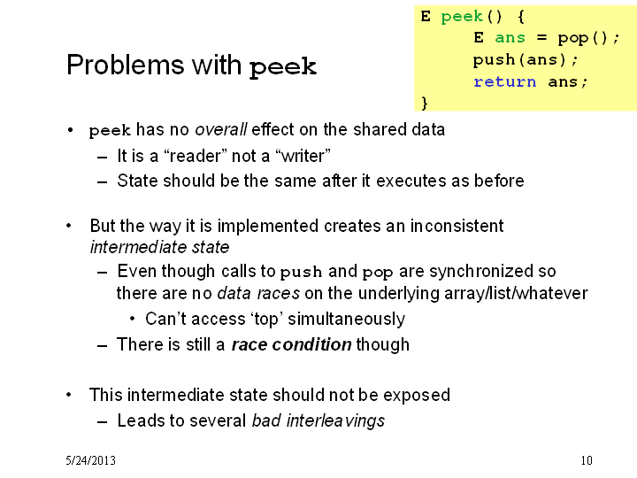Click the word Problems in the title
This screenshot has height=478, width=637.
tap(125, 65)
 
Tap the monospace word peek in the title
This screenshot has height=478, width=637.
tap(283, 67)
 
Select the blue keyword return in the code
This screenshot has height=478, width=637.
tap(504, 81)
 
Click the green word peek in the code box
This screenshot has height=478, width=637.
tap(462, 17)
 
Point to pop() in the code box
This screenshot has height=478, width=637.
tap(583, 38)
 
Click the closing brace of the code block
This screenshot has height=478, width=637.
tap(425, 103)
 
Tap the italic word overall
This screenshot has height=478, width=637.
tap(220, 129)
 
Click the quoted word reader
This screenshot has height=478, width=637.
tap(195, 156)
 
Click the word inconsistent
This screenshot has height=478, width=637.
tap(457, 226)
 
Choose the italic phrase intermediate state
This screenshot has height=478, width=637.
tap(159, 247)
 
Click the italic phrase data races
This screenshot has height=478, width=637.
tap(258, 293)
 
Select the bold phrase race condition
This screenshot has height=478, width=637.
tap(291, 344)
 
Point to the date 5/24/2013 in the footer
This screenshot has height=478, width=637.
tap(90, 460)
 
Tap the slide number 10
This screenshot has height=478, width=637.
tap(587, 460)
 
